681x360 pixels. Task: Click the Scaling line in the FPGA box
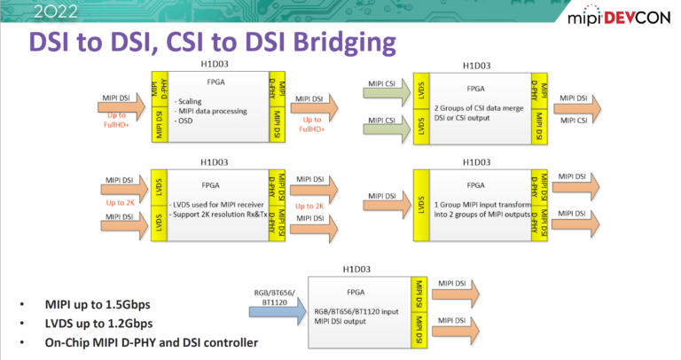[191, 101]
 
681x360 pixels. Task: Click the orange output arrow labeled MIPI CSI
[575, 121]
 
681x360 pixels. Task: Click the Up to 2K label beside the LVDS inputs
[121, 202]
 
